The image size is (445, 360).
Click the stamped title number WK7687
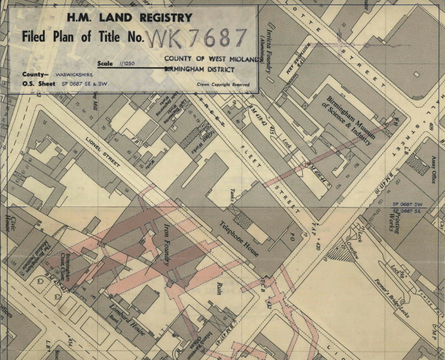point(197,38)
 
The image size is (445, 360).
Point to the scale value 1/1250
point(136,65)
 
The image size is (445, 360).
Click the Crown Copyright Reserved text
point(223,84)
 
